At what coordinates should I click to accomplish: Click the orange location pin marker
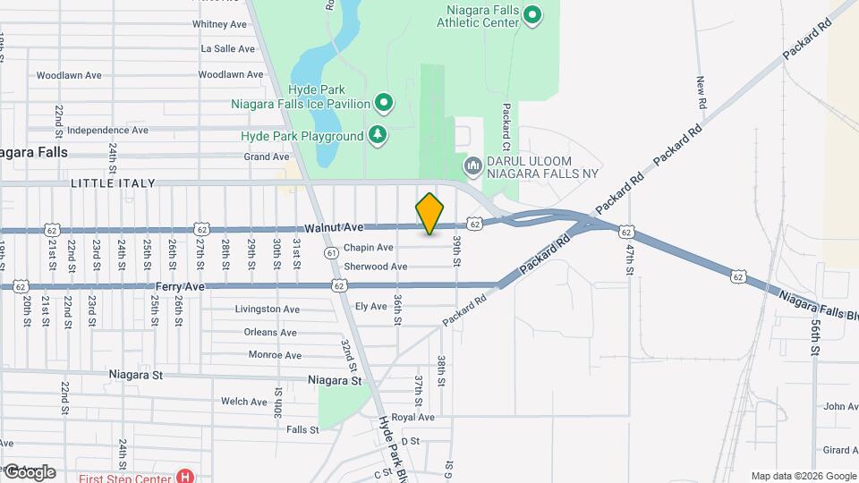pyautogui.click(x=430, y=214)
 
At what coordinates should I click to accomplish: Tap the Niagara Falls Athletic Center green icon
pyautogui.click(x=533, y=15)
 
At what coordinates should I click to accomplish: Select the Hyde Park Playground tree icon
pyautogui.click(x=378, y=136)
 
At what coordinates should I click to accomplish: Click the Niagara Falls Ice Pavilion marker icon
pyautogui.click(x=384, y=104)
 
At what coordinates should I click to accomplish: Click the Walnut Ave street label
pyautogui.click(x=334, y=228)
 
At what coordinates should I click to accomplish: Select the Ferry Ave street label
pyautogui.click(x=181, y=286)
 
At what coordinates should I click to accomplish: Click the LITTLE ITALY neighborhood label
pyautogui.click(x=114, y=183)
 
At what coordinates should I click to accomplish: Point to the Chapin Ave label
pyautogui.click(x=369, y=248)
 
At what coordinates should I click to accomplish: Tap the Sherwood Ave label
pyautogui.click(x=376, y=267)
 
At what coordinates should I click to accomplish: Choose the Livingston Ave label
pyautogui.click(x=267, y=309)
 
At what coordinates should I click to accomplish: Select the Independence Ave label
pyautogui.click(x=107, y=130)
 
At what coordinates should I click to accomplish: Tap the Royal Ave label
pyautogui.click(x=412, y=418)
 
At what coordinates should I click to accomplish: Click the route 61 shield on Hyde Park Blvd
pyautogui.click(x=332, y=253)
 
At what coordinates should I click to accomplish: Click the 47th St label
pyautogui.click(x=630, y=259)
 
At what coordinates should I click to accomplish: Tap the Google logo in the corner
pyautogui.click(x=30, y=471)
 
